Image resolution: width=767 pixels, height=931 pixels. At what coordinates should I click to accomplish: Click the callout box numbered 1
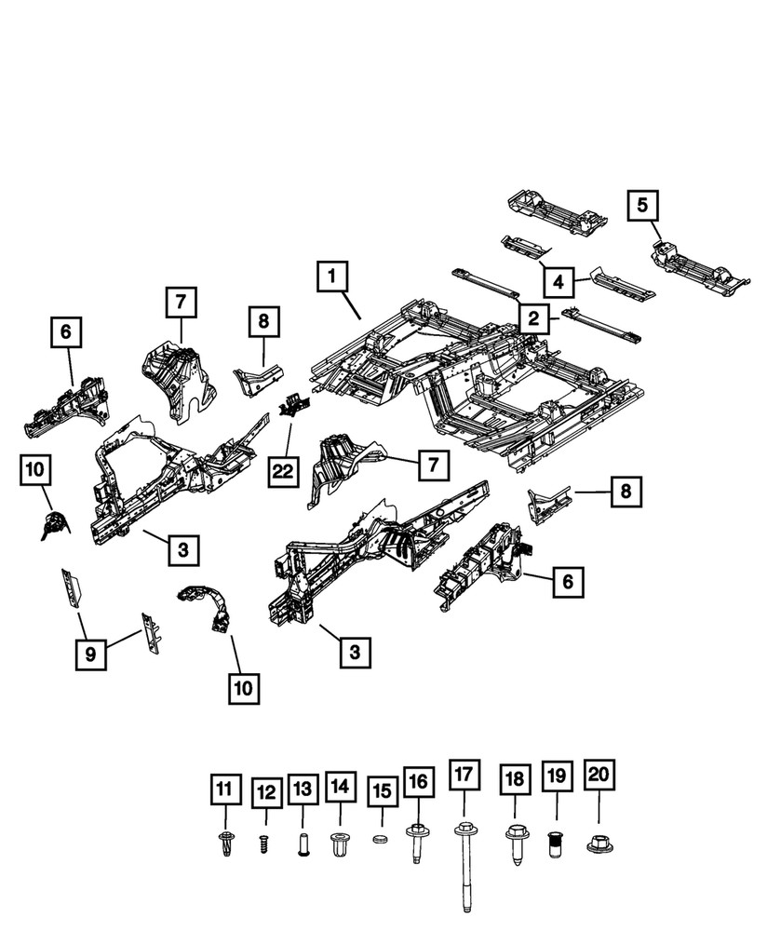[333, 277]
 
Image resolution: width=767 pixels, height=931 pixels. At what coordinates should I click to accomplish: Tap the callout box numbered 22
[284, 473]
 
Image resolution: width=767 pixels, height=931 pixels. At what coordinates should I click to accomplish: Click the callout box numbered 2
[533, 319]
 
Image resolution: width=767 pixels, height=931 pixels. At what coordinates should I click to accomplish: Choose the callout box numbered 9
[90, 654]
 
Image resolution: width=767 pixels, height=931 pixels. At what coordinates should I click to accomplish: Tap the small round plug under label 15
[379, 840]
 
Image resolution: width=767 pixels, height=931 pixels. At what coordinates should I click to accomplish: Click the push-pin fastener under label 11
[224, 844]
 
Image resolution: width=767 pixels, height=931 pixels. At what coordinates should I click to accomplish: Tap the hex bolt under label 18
[514, 843]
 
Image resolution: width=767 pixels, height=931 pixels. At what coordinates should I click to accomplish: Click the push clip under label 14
[340, 845]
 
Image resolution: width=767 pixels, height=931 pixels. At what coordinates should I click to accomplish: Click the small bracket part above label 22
[295, 404]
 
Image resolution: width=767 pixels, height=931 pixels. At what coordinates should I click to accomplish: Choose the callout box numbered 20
[599, 775]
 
